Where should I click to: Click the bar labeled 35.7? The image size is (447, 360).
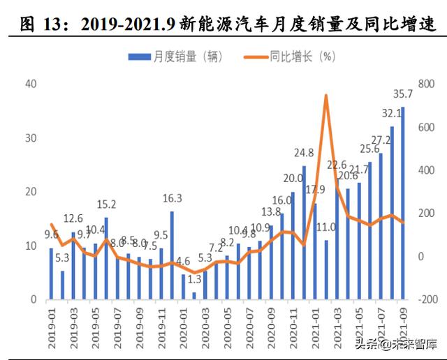402,204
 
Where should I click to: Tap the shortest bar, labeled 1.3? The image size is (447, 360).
194,296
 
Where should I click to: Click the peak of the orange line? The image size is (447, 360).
326,96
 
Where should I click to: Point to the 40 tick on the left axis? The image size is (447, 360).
30,84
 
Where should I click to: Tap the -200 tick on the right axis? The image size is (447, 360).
423,299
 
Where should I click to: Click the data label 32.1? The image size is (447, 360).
390,113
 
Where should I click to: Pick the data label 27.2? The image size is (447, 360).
381,140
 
